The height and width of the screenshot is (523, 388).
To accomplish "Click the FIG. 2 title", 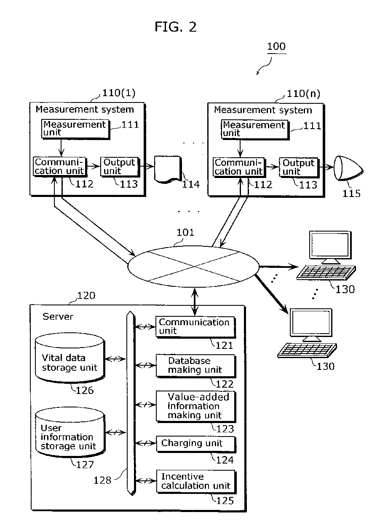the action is point(175,27).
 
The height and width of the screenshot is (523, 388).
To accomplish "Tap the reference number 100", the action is point(276,46).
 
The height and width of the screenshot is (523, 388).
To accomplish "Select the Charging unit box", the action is point(196,444).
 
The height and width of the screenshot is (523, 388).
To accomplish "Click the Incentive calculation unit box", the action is point(196,482).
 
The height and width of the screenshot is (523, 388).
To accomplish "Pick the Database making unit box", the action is point(196,366).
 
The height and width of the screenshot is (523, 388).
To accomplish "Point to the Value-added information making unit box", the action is point(196,407).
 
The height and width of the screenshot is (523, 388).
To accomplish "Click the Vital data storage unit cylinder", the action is point(70,358).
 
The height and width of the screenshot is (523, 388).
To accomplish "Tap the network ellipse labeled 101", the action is point(193,267).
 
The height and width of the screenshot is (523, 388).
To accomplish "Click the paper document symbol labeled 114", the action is point(168,170).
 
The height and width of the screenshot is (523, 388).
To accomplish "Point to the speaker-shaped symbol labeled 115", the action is point(348,168).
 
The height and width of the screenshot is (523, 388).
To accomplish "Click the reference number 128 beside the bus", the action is point(102,480).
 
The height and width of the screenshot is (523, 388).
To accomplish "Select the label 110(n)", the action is point(303,94).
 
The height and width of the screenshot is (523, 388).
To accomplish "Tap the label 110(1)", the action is point(119,93).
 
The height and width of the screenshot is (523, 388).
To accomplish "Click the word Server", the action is point(58,316).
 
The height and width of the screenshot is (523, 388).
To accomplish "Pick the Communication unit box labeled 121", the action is point(195,327).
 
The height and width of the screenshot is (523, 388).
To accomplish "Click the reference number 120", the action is point(86,296).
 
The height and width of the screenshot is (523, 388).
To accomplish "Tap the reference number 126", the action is point(85,391).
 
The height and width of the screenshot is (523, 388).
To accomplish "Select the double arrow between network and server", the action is point(195,302).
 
